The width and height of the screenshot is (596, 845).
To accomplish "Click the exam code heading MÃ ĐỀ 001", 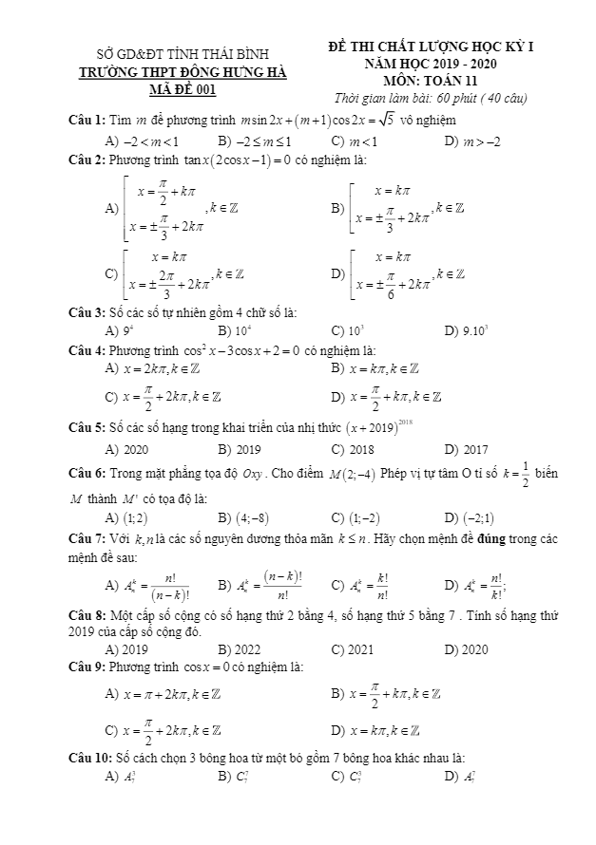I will click(183, 90).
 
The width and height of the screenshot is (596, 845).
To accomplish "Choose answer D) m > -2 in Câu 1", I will click(466, 141).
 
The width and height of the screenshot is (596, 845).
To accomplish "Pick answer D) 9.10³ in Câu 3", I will click(466, 331).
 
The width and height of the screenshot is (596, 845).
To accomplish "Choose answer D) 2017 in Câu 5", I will click(466, 449).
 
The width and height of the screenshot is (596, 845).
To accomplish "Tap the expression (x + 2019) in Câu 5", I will click(379, 428).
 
